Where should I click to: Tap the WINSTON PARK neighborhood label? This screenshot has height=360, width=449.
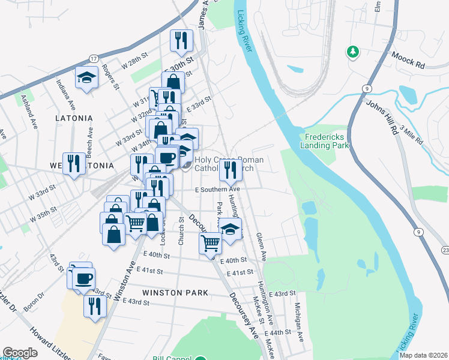tap(175, 293)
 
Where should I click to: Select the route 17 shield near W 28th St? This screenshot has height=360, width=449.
tap(94, 58)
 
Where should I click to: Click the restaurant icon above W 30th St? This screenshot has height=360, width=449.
tap(181, 40)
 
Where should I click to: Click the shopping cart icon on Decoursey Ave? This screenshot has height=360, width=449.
tap(210, 243)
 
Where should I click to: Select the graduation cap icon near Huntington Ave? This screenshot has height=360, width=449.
tap(230, 229)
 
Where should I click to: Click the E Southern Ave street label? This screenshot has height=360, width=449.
tap(204, 190)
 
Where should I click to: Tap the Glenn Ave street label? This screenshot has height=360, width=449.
tap(260, 248)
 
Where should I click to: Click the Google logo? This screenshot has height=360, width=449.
tap(20, 353)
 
